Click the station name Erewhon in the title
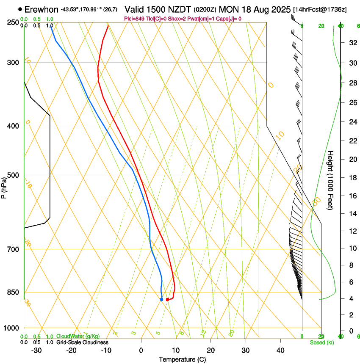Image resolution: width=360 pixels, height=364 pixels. (x=41, y=9)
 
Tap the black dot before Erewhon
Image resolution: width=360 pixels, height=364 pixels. (x=20, y=9)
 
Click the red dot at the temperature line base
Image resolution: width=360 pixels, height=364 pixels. (x=168, y=300)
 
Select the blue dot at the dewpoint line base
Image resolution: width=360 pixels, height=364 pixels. (x=162, y=300)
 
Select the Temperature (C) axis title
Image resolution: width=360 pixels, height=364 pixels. (x=182, y=359)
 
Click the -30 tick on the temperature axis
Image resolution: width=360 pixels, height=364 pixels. (x=36, y=350)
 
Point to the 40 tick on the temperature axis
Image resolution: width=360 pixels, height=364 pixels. (x=280, y=350)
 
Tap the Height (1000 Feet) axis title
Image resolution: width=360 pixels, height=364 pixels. (x=330, y=180)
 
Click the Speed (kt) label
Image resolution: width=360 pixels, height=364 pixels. (x=321, y=342)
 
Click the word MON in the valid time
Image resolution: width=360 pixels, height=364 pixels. (x=228, y=9)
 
